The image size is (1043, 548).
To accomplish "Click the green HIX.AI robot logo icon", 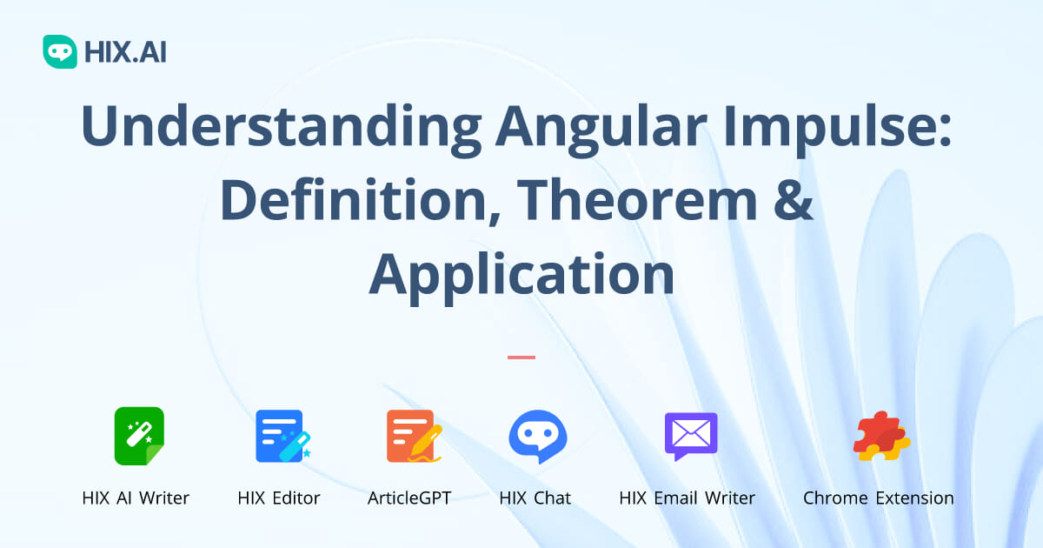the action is [x=60, y=51].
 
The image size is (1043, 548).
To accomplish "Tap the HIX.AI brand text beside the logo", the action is [x=125, y=51].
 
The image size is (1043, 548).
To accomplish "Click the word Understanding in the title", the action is [x=282, y=127].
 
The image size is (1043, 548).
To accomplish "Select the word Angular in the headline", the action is [x=601, y=126].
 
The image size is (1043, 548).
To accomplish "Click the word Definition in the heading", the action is [x=361, y=201].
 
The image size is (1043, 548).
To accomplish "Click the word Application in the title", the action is [x=521, y=276].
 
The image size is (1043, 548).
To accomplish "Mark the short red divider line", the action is [x=521, y=358].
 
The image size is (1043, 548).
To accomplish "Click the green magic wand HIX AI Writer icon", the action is [x=139, y=436].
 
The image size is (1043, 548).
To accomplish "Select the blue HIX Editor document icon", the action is [x=282, y=436].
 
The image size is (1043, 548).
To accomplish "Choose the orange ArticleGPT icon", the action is [x=414, y=436].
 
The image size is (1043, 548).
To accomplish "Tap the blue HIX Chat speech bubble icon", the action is [x=538, y=436].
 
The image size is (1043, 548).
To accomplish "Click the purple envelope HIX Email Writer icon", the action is [x=691, y=436].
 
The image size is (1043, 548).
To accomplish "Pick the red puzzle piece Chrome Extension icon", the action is [x=881, y=436].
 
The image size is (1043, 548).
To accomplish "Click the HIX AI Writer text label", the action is [x=136, y=498].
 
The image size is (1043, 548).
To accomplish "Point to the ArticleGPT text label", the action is [x=409, y=498].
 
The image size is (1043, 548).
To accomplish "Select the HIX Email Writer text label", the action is [x=688, y=498].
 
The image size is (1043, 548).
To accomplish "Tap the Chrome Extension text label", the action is [x=879, y=498].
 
